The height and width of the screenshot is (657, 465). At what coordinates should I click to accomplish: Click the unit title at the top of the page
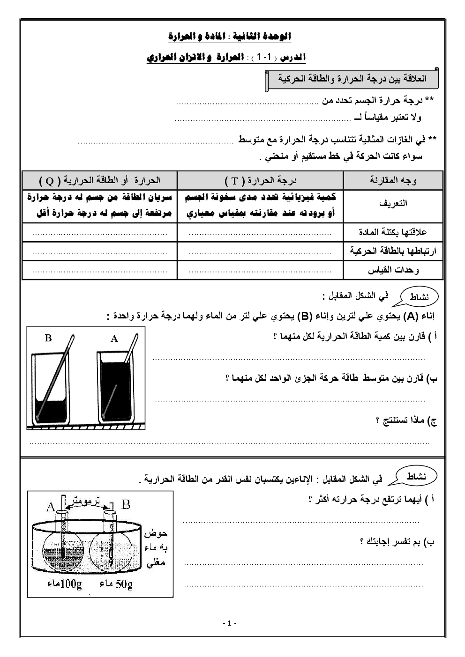(230, 37)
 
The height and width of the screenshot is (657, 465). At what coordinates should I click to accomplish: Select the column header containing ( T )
(261, 180)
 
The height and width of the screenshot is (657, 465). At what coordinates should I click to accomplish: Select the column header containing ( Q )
(100, 180)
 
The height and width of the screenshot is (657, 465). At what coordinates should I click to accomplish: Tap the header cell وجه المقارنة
(393, 180)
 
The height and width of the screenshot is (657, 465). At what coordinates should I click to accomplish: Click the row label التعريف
(393, 203)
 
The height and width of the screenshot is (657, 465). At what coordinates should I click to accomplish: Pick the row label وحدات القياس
(397, 270)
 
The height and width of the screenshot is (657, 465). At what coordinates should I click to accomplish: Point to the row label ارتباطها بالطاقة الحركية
(393, 251)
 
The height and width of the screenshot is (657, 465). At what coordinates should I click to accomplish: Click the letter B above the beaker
(48, 338)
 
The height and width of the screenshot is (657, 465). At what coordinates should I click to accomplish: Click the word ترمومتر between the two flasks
(87, 502)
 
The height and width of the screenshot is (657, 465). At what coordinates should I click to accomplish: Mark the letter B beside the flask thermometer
(126, 504)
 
